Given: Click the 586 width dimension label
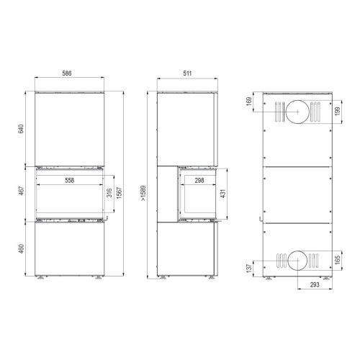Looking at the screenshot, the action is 67,73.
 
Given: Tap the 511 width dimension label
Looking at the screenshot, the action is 187,73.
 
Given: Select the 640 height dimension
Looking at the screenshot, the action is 22,129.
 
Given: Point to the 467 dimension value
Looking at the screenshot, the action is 22,191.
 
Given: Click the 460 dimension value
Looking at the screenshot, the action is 22,249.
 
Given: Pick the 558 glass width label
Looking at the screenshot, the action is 70,180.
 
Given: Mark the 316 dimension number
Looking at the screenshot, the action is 109,193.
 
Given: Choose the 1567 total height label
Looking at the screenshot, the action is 120,193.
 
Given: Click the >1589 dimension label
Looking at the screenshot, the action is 143,193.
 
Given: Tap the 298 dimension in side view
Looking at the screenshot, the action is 199,180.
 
